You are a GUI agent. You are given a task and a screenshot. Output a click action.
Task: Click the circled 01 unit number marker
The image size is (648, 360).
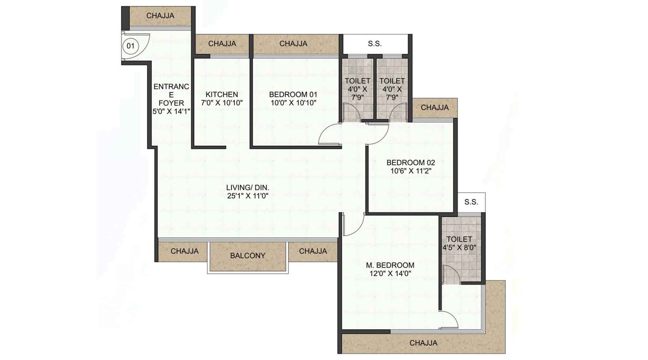(130, 46)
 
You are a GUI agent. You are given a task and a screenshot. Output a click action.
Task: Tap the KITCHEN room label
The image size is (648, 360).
(222, 94)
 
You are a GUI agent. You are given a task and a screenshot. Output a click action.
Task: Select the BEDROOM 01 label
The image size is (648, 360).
(293, 94)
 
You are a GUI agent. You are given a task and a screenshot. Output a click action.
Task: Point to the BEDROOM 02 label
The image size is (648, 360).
(411, 162)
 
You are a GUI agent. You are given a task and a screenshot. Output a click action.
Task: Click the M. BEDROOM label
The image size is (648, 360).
(390, 265)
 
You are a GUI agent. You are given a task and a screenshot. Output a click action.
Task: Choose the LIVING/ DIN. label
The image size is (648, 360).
(247, 187)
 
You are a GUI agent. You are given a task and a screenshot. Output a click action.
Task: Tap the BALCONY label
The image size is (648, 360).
(247, 256)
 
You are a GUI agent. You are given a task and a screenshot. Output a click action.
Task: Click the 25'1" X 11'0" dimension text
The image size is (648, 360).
(247, 196)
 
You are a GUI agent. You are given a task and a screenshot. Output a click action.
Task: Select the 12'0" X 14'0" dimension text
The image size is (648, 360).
(390, 273)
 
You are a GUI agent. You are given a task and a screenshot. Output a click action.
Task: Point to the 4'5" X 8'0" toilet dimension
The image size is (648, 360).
(459, 247)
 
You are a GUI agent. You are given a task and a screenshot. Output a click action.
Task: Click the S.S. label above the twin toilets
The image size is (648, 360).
(375, 44)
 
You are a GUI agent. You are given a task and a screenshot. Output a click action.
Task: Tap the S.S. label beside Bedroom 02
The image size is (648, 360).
(471, 202)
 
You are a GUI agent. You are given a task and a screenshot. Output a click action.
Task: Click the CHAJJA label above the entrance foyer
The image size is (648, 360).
(160, 16)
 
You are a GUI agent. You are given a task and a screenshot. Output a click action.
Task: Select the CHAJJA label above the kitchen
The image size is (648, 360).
(222, 44)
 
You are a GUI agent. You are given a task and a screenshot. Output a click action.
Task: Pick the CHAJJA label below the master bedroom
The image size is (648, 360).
(423, 343)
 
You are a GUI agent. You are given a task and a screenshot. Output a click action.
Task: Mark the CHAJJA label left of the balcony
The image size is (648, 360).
(185, 251)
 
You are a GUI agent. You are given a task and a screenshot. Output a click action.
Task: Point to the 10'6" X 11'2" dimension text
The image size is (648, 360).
(411, 171)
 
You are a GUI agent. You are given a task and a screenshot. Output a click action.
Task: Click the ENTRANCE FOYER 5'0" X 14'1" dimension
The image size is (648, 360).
(171, 111)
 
